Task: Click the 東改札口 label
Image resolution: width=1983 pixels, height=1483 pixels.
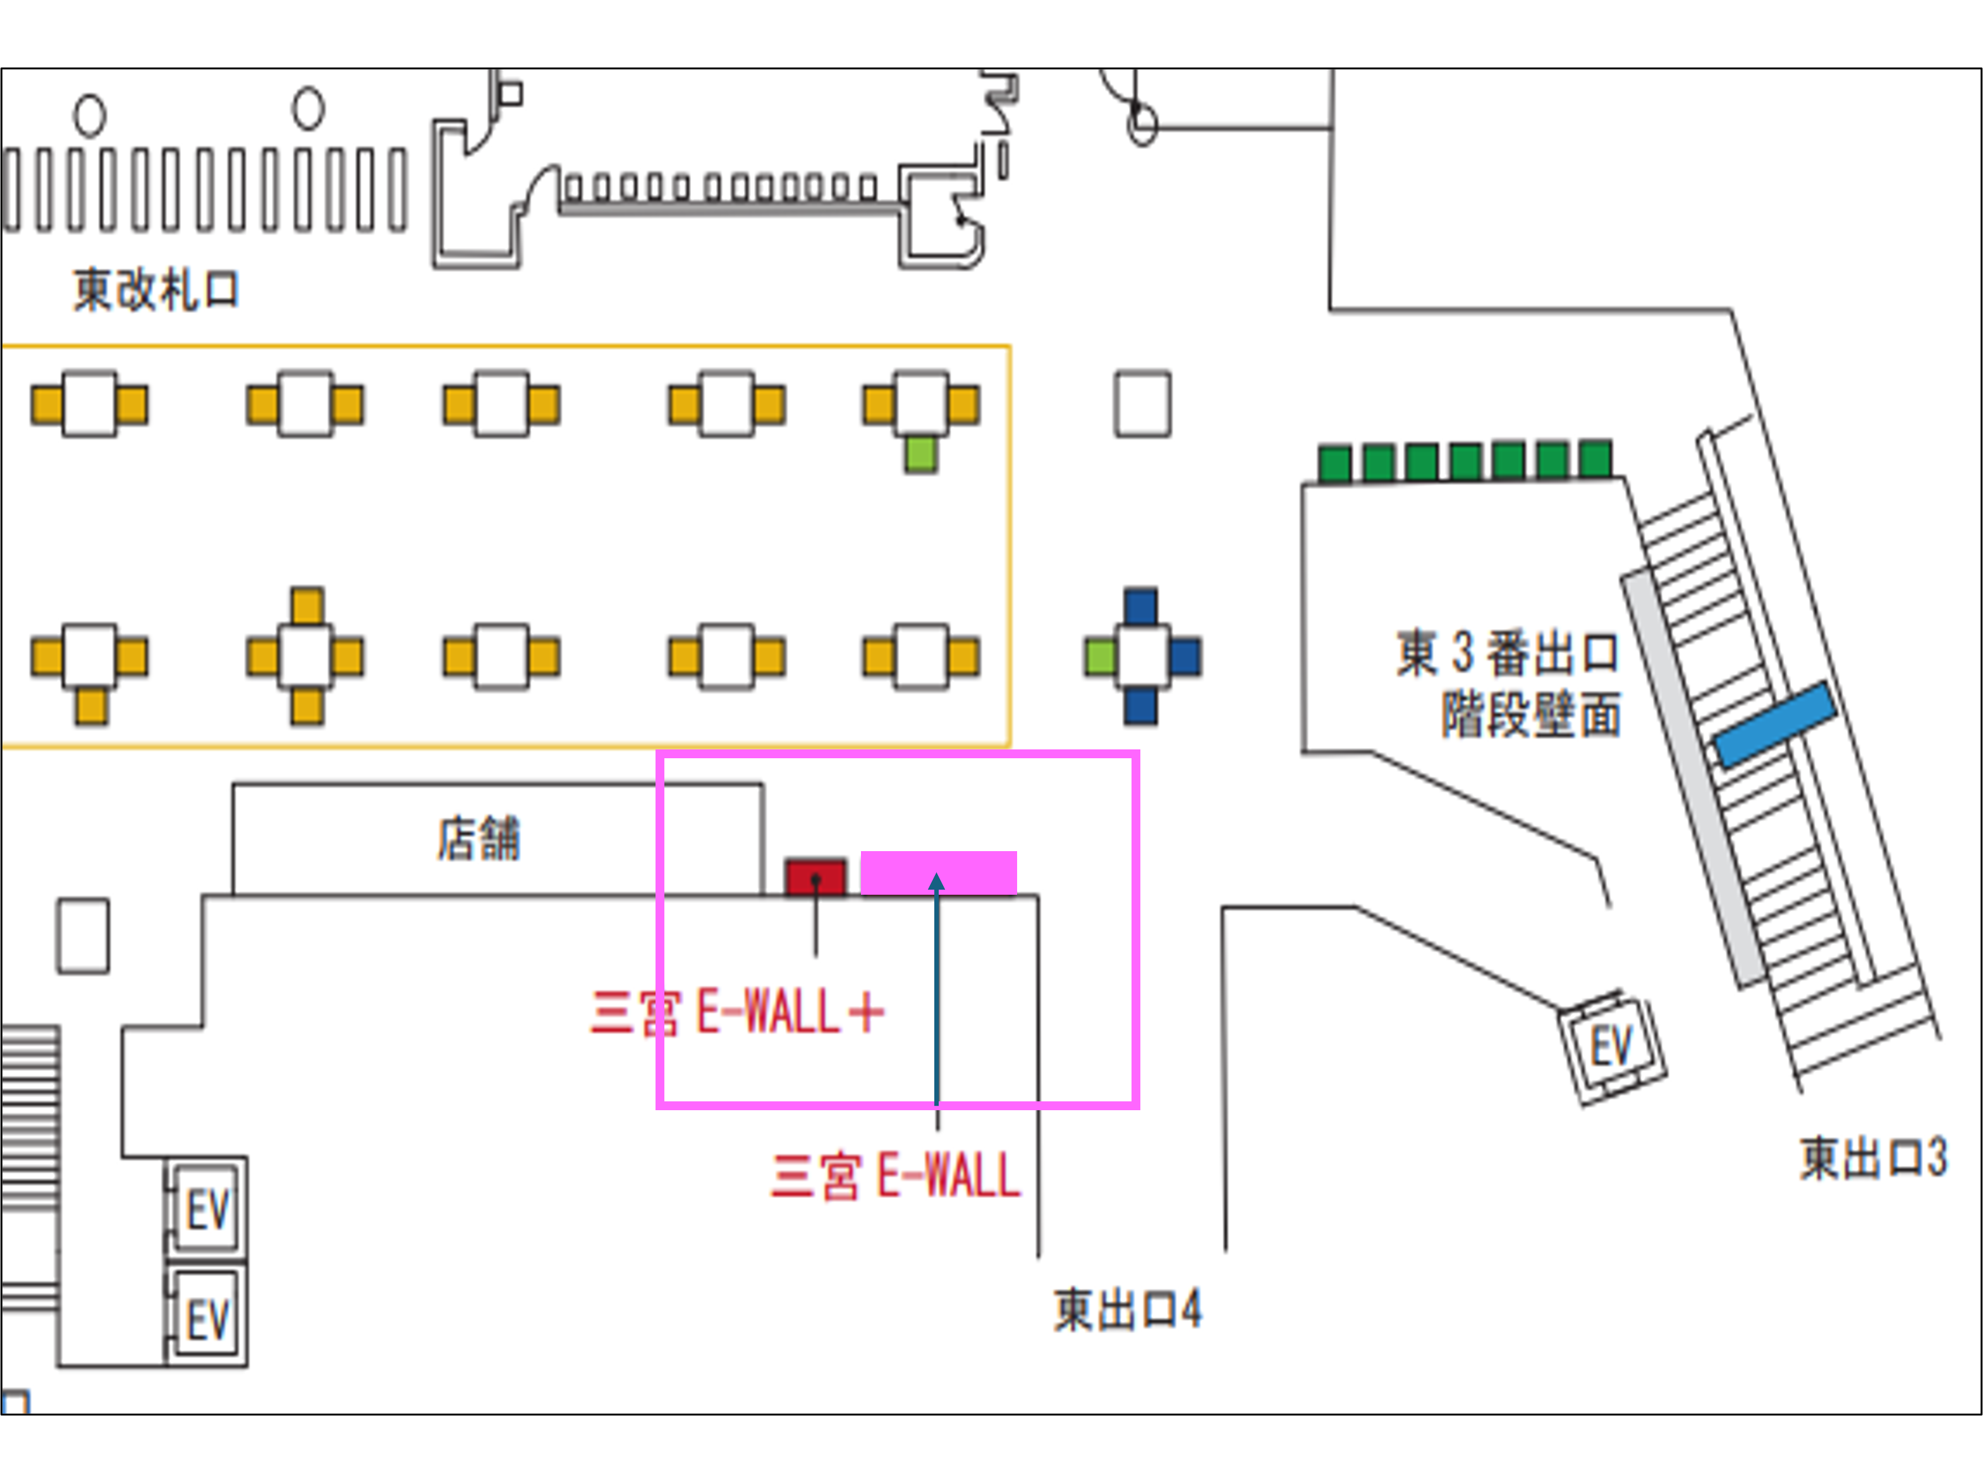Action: pos(156,290)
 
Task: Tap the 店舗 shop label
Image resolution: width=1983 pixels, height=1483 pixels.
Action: pos(479,838)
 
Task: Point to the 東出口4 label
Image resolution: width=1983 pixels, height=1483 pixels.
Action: pos(1127,1310)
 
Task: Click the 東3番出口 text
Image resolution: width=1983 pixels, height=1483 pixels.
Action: pos(1507,652)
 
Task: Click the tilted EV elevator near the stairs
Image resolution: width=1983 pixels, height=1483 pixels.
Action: pos(1611,1046)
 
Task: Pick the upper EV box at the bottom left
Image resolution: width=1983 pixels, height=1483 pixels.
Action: pos(208,1209)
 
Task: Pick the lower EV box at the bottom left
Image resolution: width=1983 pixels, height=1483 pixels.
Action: pos(208,1318)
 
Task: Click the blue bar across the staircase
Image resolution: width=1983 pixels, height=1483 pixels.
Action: pos(1775,724)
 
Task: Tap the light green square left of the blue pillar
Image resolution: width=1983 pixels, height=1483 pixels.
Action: pos(1100,657)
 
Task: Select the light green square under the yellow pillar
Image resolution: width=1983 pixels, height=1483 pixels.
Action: pos(920,454)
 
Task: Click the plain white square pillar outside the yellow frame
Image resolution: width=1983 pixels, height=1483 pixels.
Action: pos(1142,404)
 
